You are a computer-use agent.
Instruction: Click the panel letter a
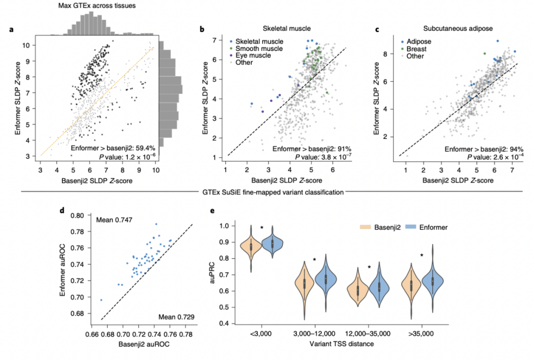pos(11,30)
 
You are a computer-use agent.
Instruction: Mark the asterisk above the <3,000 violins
pos(262,228)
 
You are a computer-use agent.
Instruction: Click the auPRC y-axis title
pos(213,274)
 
